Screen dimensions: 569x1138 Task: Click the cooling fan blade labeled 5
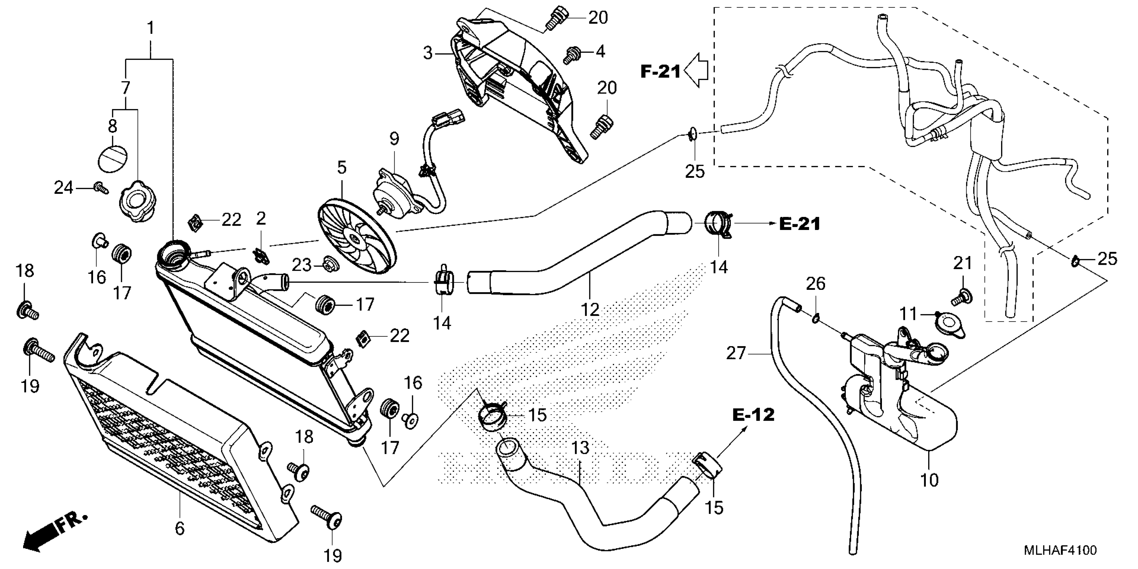pos(357,238)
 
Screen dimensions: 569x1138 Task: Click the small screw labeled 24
pos(102,188)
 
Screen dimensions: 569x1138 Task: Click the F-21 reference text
pos(660,72)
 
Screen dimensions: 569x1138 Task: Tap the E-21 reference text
pos(800,224)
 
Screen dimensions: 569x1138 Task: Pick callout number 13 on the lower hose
pos(580,448)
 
